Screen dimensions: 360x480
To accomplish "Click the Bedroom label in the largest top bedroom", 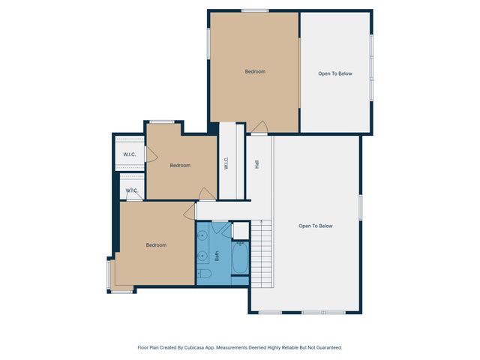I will pos(255,72).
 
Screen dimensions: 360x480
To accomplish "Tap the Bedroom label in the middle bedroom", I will pos(180,166).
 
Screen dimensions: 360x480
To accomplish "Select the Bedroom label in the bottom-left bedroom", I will pos(156,245).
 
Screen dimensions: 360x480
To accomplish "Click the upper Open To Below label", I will pos(334,73).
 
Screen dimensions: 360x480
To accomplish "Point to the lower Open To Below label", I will pos(315,226).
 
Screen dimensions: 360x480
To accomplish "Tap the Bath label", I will pos(217,255).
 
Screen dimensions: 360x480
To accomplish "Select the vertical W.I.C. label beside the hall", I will pos(226,163).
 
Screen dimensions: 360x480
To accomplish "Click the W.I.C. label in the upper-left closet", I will pos(129,155).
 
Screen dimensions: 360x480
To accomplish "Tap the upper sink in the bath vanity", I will pos(202,236).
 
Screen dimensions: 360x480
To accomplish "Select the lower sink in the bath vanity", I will pos(202,256).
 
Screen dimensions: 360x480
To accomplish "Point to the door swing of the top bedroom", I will pos(259,127).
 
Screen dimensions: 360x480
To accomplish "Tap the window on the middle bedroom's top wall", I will pos(161,121).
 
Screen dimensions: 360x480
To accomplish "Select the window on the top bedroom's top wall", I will pos(255,10).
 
